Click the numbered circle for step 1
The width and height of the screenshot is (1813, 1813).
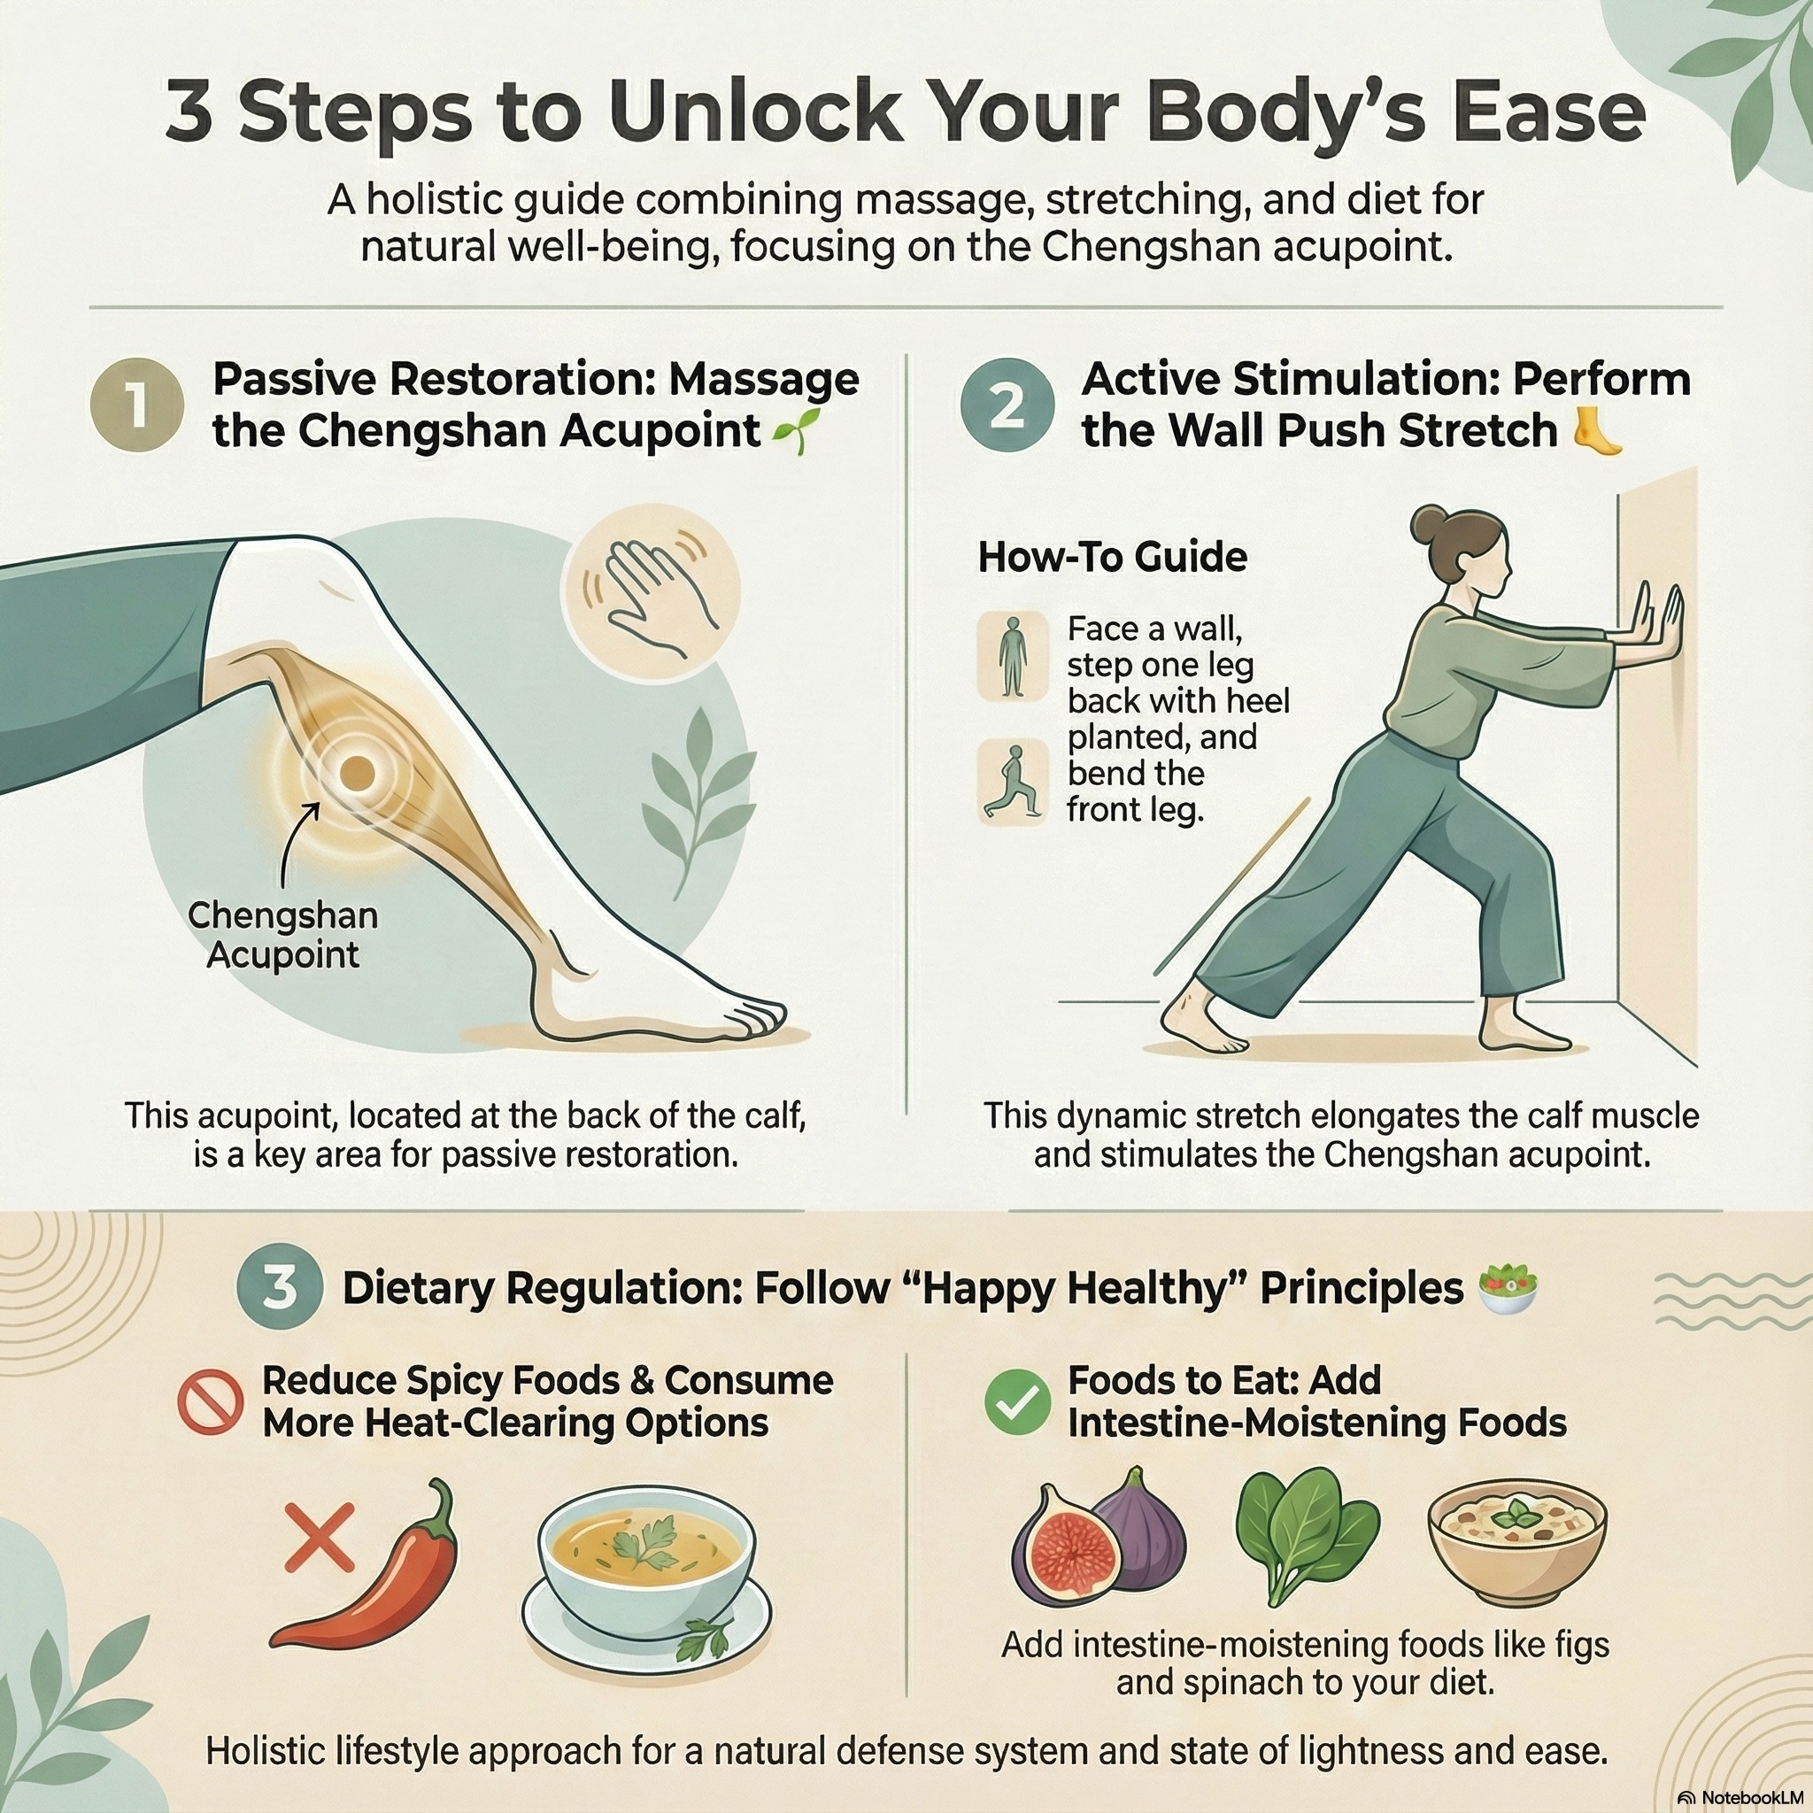136,406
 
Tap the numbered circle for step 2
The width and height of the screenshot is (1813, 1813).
1006,406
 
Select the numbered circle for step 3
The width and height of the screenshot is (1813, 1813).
279,1288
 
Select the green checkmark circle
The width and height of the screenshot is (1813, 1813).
1017,1402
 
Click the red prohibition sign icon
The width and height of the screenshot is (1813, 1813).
210,1402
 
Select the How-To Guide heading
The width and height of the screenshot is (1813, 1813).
1112,558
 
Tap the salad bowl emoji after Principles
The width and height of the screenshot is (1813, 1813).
1507,1288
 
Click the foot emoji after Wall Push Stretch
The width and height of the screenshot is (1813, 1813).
1598,433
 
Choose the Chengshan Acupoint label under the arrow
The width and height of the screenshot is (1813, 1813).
282,935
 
